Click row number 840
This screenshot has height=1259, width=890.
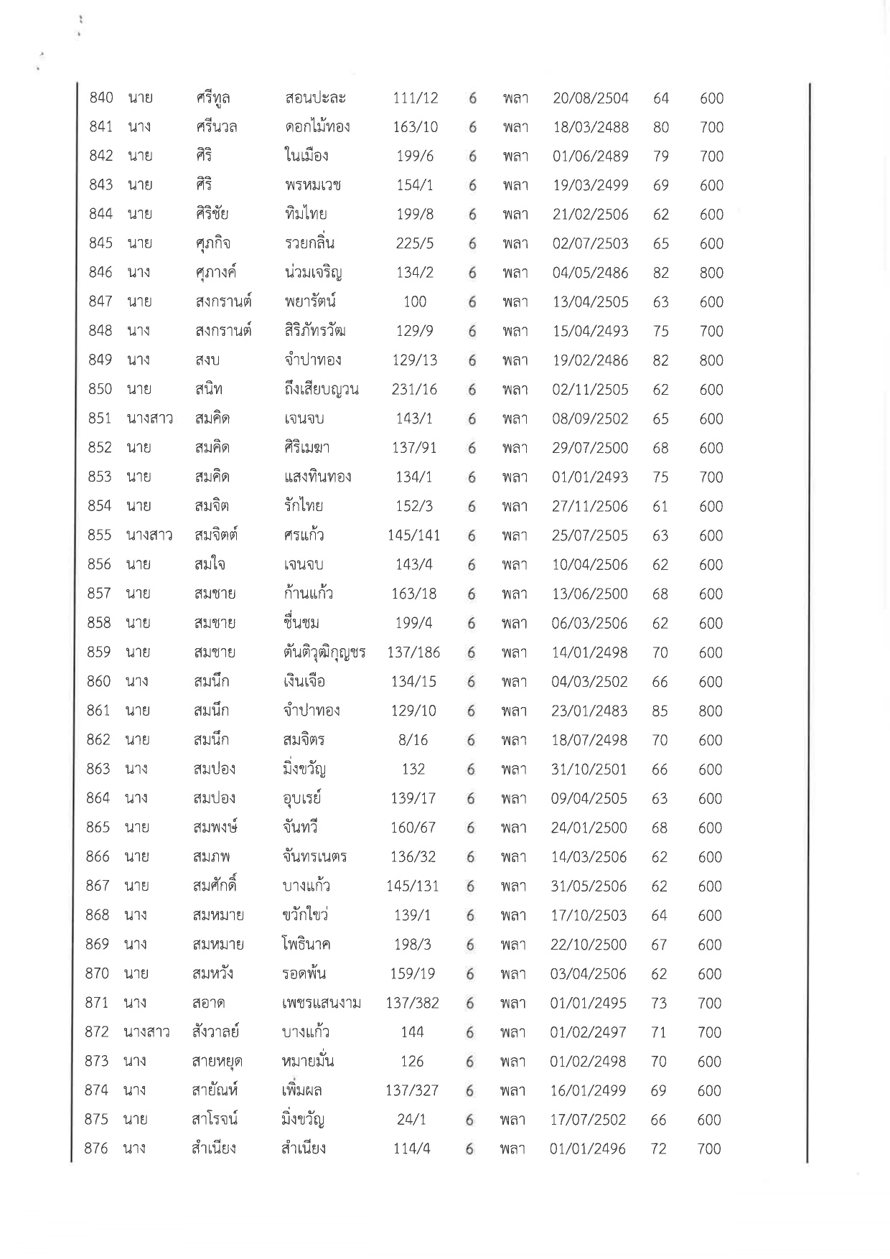tap(100, 98)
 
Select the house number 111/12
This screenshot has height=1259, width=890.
tap(416, 98)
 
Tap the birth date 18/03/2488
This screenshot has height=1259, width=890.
tap(590, 127)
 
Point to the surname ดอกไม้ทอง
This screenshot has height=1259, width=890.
tap(317, 127)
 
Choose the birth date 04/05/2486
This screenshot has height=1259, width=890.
tap(590, 273)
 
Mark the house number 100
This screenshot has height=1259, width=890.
tap(415, 301)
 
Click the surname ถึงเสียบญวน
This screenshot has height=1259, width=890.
tap(321, 390)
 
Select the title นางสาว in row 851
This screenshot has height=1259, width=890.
tap(149, 418)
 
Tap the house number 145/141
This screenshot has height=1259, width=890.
tap(414, 535)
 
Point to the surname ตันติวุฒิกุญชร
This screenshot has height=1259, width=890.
tap(324, 652)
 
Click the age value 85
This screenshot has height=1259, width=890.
tap(660, 711)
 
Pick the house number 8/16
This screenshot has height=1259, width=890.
tap(413, 740)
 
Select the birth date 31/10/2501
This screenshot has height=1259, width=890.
tap(589, 769)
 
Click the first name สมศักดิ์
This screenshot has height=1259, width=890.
tap(215, 886)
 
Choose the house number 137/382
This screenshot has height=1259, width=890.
tap(413, 1003)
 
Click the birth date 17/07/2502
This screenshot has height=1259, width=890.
tap(588, 1120)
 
